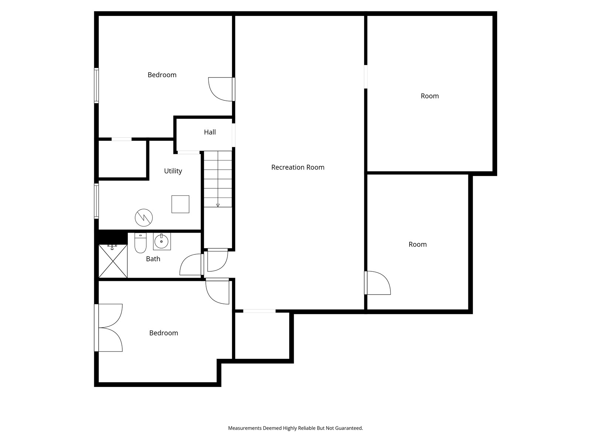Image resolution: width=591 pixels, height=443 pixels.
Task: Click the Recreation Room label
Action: point(298,167)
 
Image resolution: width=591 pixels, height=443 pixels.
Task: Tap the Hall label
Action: point(210,132)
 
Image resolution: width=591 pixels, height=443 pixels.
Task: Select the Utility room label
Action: point(173,171)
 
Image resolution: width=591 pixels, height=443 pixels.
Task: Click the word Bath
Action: point(153,259)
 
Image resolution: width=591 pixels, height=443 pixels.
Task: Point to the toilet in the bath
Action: point(140,243)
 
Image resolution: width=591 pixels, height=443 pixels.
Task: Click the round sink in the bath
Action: point(161,242)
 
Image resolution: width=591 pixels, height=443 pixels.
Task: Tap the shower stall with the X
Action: point(113,261)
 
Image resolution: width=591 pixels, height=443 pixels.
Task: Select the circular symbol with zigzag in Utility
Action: point(144,217)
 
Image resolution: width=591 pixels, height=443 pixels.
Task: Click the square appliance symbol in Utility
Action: point(180,204)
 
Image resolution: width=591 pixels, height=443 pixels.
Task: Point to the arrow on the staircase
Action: point(218,205)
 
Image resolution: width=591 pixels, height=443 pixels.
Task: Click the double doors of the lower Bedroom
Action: point(109,327)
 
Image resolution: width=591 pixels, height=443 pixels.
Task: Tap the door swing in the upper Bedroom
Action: point(221,89)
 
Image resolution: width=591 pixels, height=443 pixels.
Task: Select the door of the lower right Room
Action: point(378,283)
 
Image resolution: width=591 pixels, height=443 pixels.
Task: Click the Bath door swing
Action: point(191,265)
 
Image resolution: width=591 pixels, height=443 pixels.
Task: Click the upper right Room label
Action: point(430,96)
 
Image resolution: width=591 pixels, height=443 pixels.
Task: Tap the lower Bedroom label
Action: point(164,333)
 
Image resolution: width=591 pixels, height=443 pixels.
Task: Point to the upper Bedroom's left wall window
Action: point(96,85)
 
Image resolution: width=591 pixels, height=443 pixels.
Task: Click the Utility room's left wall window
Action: point(96,201)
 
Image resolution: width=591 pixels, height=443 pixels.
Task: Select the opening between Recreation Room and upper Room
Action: point(366,77)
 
